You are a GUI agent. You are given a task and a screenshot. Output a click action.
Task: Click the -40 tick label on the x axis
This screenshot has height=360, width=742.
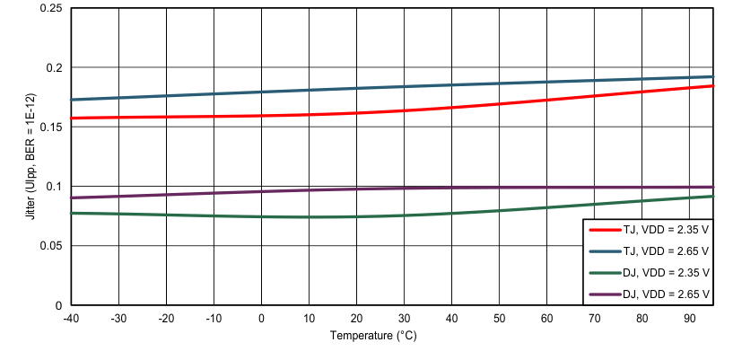(x=71, y=318)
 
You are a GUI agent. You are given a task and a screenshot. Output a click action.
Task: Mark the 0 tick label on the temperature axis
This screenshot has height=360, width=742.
(x=261, y=318)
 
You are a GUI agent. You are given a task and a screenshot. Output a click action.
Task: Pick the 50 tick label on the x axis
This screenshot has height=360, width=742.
(x=499, y=318)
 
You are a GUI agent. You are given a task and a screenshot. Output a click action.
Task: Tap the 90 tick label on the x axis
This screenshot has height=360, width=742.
(x=689, y=318)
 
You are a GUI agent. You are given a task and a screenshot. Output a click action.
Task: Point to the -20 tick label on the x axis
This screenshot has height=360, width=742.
(x=166, y=318)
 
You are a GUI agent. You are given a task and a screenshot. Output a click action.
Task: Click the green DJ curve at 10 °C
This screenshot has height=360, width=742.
(x=309, y=216)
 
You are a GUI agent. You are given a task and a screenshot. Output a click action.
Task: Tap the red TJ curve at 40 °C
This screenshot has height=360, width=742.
(x=451, y=108)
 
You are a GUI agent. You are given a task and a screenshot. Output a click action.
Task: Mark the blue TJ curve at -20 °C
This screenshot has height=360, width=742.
(x=166, y=96)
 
